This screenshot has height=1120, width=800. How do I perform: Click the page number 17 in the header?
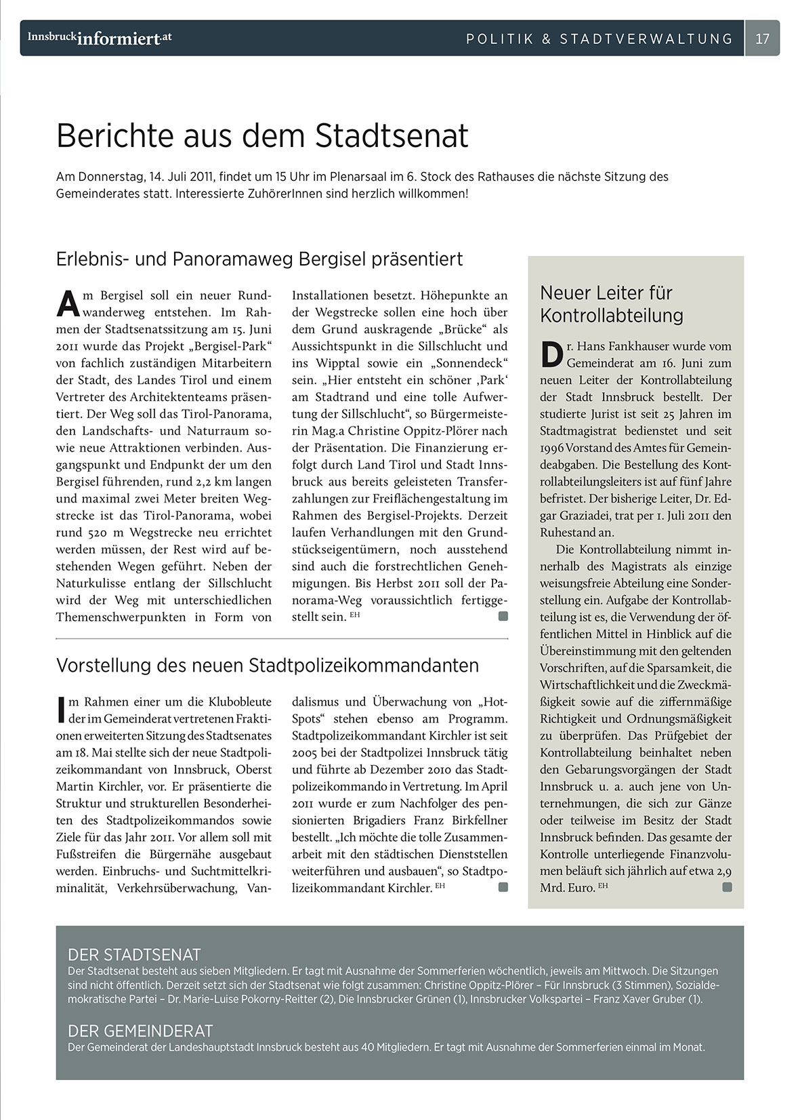tap(762, 39)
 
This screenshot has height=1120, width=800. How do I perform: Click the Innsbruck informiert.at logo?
tap(100, 39)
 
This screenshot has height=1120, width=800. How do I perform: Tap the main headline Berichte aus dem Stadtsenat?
tap(262, 135)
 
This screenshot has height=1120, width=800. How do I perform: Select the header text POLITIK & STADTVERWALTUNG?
tap(599, 39)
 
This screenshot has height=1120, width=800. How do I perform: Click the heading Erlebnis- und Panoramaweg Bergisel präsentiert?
tap(259, 259)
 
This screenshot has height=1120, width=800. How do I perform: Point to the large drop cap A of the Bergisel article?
tap(68, 304)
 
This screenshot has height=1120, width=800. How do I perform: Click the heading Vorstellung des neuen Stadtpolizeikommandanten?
tap(268, 666)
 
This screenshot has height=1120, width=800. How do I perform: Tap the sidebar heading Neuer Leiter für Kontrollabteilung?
tap(612, 304)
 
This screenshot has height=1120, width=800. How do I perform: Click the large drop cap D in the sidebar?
tap(552, 354)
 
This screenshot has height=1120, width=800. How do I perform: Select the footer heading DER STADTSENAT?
tap(134, 955)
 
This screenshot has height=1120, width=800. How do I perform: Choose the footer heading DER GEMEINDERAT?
tap(140, 1031)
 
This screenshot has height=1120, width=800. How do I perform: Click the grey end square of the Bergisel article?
tap(503, 616)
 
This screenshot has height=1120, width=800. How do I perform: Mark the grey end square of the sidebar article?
tap(727, 887)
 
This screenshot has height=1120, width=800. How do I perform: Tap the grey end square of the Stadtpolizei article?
tap(503, 887)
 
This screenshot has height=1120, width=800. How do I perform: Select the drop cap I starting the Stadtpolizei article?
tap(61, 709)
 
